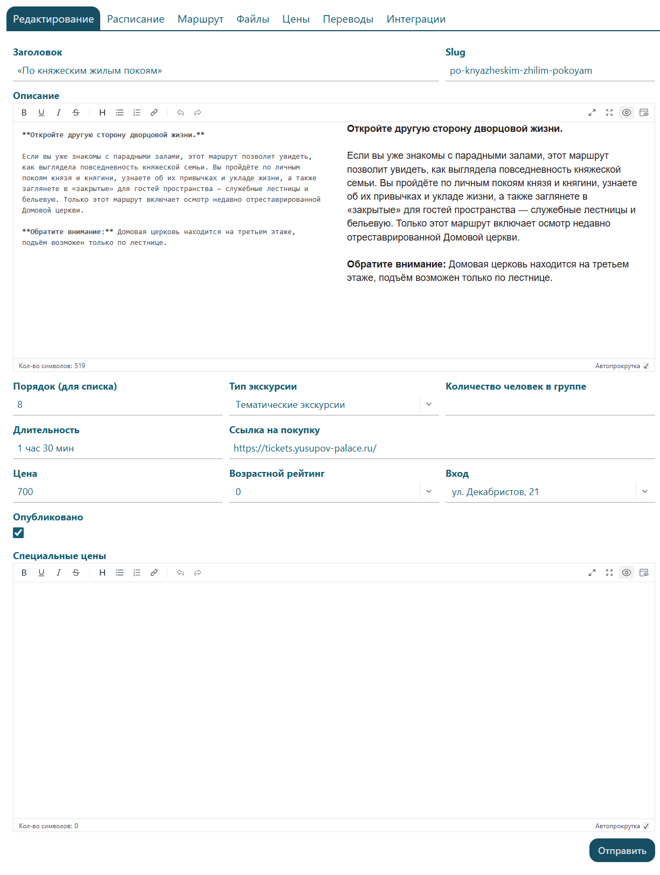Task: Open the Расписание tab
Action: pos(135,19)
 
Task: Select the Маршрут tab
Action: pos(200,19)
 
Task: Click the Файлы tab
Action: pos(253,19)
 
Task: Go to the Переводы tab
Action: pos(348,19)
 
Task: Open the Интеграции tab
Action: pos(415,19)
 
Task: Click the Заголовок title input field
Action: pos(225,71)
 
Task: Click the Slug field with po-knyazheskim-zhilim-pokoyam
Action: pos(550,71)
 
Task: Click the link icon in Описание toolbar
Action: pos(154,112)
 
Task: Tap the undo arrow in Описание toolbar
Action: pos(180,112)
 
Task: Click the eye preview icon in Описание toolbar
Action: pos(627,112)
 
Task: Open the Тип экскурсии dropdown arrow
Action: pos(429,405)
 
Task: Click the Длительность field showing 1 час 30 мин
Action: pos(117,448)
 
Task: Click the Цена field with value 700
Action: pos(117,492)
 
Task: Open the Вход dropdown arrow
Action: pos(645,492)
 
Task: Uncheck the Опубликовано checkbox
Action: pos(19,533)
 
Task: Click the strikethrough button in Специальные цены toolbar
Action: pos(76,573)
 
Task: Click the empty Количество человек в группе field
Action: pos(550,405)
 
